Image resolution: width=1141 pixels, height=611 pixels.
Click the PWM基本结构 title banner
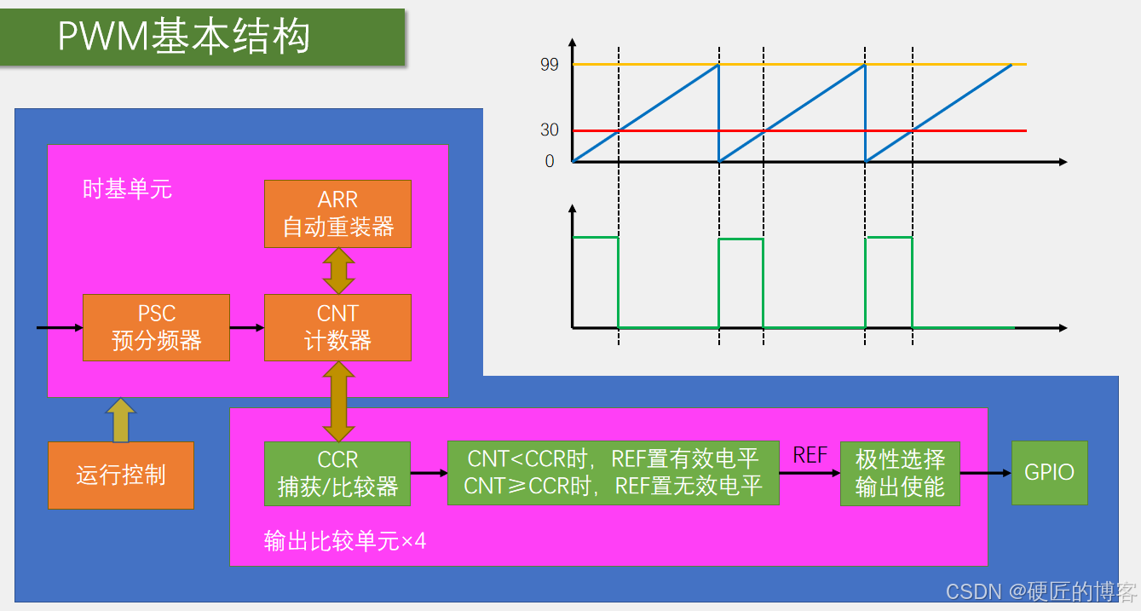pos(202,37)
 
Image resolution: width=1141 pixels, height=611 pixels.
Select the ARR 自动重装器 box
pos(337,214)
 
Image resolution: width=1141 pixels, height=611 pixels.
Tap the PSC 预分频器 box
pos(156,327)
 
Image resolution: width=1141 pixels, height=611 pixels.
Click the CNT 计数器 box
pos(337,327)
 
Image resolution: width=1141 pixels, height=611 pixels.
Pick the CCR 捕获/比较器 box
pos(337,473)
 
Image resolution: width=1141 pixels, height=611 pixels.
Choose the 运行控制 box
pos(120,475)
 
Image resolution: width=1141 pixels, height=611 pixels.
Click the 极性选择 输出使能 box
pos(900,473)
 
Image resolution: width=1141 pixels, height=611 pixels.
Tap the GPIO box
pos(1049,473)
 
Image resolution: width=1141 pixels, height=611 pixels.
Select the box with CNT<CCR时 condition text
pos(613,473)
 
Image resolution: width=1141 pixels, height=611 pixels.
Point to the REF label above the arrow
pos(810,455)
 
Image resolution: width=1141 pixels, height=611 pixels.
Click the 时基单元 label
pos(127,189)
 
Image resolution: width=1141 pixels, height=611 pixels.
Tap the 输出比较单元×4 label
pos(344,540)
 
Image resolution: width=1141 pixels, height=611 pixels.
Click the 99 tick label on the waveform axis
pos(550,65)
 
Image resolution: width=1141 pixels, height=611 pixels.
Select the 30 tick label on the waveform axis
pos(550,130)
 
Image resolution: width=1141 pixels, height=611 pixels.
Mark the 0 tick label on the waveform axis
pos(550,161)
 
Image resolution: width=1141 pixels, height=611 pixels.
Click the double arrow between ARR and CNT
pos(337,271)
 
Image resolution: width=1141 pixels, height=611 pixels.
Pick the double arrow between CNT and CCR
pos(337,401)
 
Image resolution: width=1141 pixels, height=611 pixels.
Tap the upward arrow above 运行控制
pos(120,419)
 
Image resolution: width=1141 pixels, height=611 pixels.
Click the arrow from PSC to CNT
pos(246,327)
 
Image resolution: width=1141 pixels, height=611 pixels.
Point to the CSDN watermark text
pos(1041,591)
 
